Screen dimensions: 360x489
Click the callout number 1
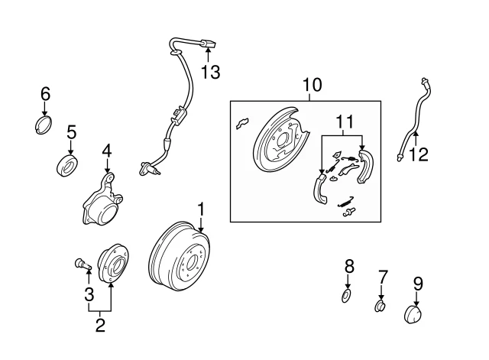point(201,208)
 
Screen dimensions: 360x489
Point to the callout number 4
point(107,151)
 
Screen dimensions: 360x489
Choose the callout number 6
point(45,94)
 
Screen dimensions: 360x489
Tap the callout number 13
point(210,72)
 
